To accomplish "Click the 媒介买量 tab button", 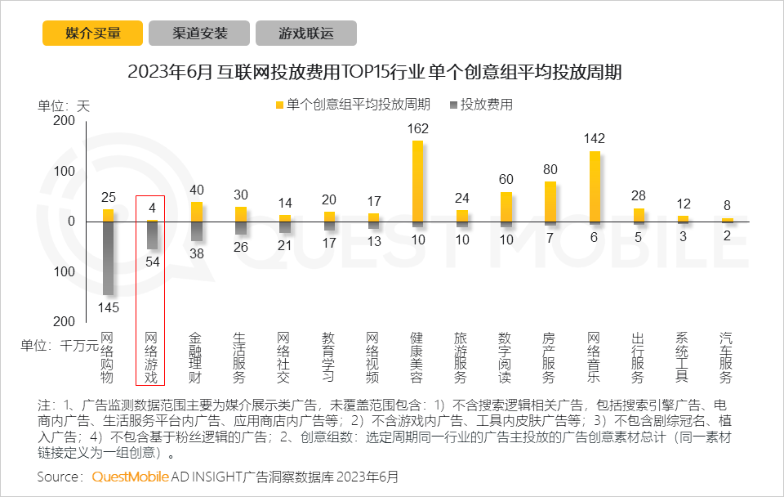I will pyautogui.click(x=92, y=34).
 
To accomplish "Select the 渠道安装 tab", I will pyautogui.click(x=199, y=34).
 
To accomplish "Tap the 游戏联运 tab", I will pyautogui.click(x=306, y=34).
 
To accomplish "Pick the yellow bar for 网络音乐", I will pyautogui.click(x=595, y=186).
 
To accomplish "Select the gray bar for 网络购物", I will pyautogui.click(x=108, y=258).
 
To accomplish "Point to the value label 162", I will pyautogui.click(x=417, y=128).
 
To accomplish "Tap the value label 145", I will pyautogui.click(x=108, y=307).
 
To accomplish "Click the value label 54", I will pyautogui.click(x=152, y=261).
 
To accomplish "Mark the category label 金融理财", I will pyautogui.click(x=196, y=357).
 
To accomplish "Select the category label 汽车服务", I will pyautogui.click(x=726, y=357).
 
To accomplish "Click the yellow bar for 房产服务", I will pyautogui.click(x=550, y=201).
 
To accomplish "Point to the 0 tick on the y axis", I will pyautogui.click(x=71, y=222).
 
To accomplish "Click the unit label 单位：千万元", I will pyautogui.click(x=68, y=345).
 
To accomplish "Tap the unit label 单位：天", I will pyautogui.click(x=64, y=105).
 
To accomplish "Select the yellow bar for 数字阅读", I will pyautogui.click(x=506, y=207).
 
